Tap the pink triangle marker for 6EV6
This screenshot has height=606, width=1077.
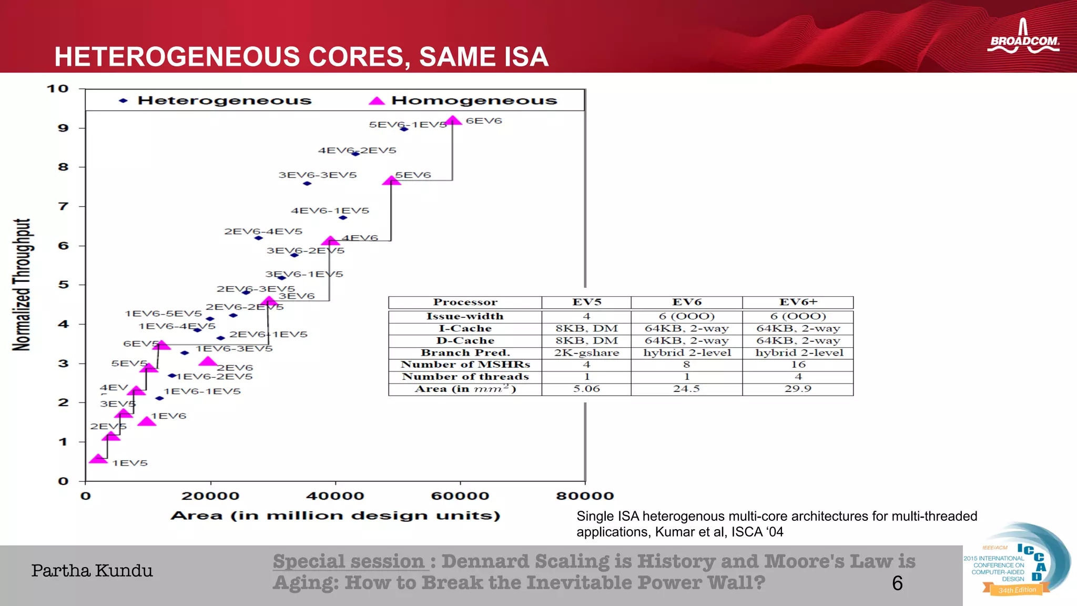[453, 121]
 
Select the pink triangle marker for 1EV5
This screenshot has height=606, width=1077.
[98, 459]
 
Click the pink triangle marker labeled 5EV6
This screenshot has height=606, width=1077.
[391, 180]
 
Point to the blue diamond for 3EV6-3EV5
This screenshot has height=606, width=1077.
[307, 184]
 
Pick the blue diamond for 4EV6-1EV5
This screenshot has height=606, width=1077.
[343, 217]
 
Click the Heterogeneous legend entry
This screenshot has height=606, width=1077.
[216, 100]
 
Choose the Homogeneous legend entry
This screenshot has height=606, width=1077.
[463, 100]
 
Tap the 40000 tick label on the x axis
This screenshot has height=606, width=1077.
[335, 496]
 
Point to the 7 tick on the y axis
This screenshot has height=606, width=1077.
[64, 206]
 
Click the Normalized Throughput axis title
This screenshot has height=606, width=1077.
[22, 285]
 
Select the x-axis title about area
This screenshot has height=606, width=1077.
[335, 516]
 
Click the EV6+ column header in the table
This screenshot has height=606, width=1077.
[798, 302]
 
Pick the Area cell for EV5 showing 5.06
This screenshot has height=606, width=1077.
[586, 389]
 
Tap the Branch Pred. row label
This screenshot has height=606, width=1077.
[465, 353]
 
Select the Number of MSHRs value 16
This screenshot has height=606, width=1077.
[798, 365]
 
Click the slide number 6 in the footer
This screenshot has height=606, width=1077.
[897, 583]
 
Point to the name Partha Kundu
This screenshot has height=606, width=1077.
[92, 571]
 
